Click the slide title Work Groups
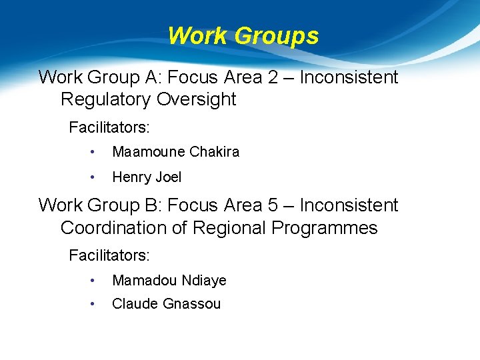point(243,35)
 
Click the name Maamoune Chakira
point(175,152)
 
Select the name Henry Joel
point(147,177)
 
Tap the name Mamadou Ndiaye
point(169,281)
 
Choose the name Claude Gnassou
point(166,304)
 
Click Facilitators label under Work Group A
point(109,127)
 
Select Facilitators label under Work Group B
point(109,255)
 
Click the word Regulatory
point(106,99)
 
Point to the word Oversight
point(197,99)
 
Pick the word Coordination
point(119,228)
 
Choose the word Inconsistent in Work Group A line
point(349,77)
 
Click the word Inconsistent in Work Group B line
point(349,205)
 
